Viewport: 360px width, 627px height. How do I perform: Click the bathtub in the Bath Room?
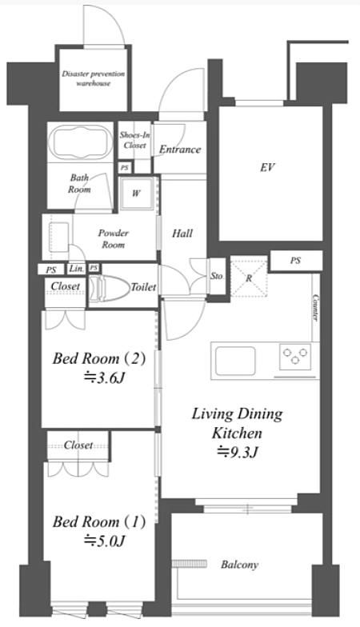click(x=80, y=142)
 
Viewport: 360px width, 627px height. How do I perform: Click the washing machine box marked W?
click(x=136, y=194)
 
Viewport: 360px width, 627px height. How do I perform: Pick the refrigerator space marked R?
click(x=249, y=278)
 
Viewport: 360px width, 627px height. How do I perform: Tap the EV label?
click(x=267, y=167)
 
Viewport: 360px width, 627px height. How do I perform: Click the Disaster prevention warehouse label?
click(x=93, y=78)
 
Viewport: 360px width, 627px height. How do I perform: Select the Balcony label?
click(x=239, y=565)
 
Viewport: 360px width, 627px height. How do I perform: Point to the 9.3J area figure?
click(x=237, y=453)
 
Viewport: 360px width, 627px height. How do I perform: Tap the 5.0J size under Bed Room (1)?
click(x=104, y=541)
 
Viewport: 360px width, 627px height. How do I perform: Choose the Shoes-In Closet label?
click(x=134, y=140)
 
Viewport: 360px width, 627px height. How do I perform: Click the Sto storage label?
click(x=216, y=276)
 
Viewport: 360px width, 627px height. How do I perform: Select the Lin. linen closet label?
click(x=76, y=269)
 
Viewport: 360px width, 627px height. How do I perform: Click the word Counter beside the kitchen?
click(x=315, y=307)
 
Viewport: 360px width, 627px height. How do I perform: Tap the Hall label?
click(x=182, y=234)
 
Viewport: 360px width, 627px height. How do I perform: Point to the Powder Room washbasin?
click(x=58, y=237)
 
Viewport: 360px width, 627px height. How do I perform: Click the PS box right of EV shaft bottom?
click(x=296, y=261)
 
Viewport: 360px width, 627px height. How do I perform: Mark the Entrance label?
click(x=180, y=150)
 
